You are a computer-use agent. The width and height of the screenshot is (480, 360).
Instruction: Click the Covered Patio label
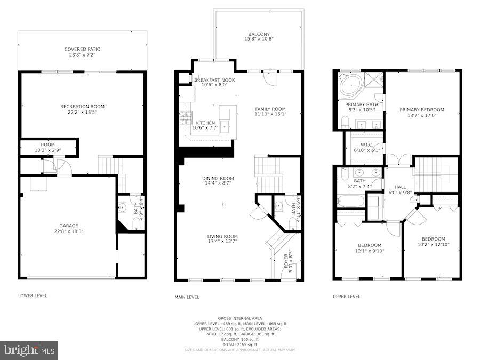(82, 49)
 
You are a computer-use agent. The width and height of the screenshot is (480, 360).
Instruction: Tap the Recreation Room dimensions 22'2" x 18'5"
(82, 113)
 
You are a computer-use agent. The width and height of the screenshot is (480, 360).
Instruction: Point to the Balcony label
(259, 33)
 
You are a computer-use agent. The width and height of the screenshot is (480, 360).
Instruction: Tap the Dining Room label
(218, 178)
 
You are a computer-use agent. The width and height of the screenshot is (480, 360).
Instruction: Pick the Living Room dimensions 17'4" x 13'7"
(222, 242)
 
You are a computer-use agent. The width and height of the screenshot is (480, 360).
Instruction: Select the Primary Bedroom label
(422, 110)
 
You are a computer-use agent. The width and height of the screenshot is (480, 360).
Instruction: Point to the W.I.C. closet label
(366, 145)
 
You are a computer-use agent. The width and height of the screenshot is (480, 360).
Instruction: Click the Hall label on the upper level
(400, 187)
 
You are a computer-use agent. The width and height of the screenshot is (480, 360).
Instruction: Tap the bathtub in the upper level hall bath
(351, 202)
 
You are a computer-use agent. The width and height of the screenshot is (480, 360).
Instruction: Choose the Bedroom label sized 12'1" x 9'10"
(370, 245)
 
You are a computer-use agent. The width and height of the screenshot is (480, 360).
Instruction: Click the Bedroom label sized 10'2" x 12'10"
(433, 239)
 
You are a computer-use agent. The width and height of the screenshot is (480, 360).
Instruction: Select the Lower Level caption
(33, 295)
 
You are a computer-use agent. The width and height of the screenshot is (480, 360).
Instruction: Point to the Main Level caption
(188, 297)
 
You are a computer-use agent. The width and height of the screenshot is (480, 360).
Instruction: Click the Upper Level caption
(347, 297)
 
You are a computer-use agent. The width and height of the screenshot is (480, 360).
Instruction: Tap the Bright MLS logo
(30, 350)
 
